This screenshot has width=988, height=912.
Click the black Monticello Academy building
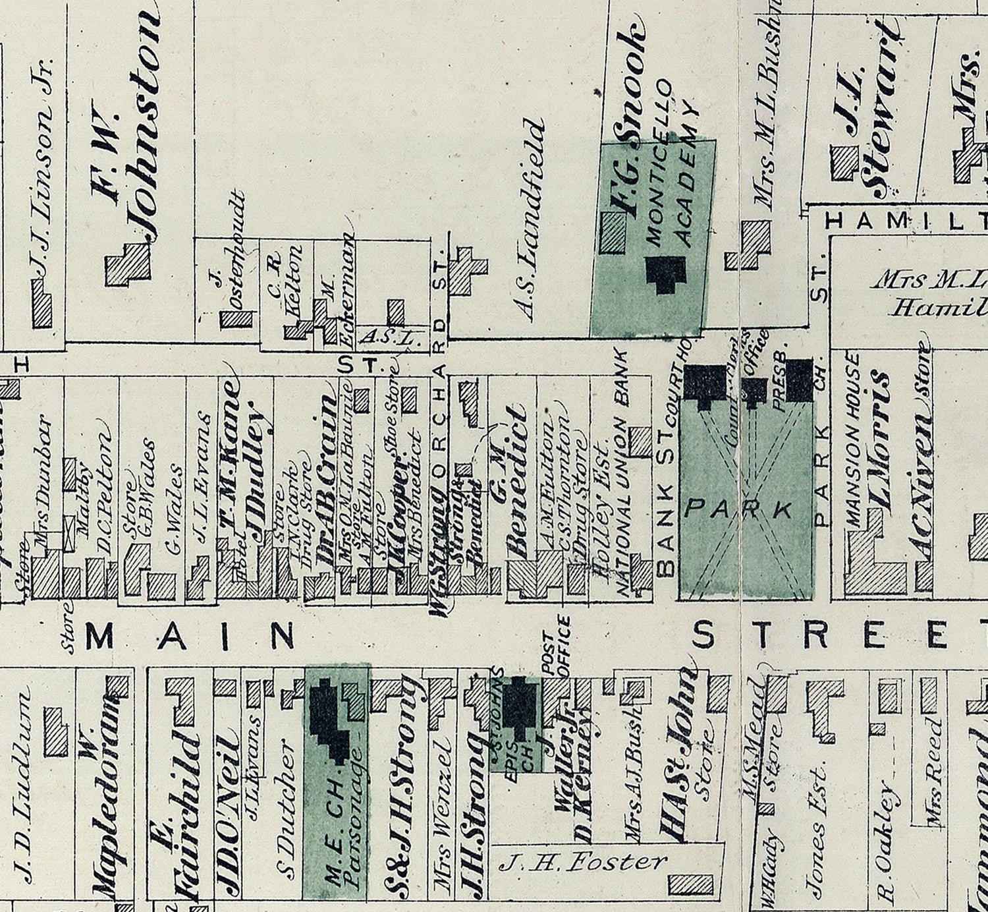coord(667,271)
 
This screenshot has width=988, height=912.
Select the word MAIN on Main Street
coord(190,636)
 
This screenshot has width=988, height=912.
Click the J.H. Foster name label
coord(582,861)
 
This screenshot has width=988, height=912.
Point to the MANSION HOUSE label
coord(852,438)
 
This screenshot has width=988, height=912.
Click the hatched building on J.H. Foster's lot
coord(690,884)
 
